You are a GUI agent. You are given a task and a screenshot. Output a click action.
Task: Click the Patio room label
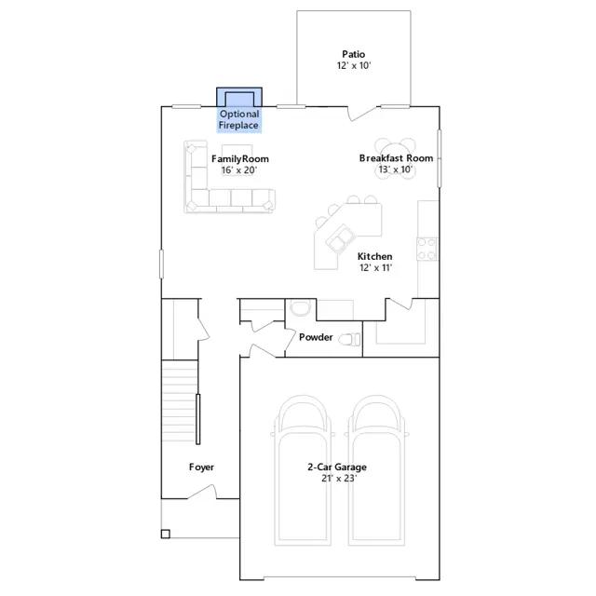click(353, 54)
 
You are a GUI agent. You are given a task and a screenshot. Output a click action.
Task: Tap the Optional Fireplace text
click(238, 119)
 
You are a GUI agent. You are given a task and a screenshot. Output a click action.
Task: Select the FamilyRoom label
click(240, 159)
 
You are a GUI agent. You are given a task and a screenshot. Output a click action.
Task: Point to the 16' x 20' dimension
click(239, 169)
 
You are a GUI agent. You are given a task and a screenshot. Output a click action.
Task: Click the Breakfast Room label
click(396, 158)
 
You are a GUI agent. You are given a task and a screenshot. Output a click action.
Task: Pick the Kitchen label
click(374, 257)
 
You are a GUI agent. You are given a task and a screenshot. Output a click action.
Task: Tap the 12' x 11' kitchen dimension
click(375, 267)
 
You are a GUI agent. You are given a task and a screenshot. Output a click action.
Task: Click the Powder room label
click(316, 337)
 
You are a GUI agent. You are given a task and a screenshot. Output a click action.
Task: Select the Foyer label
click(201, 467)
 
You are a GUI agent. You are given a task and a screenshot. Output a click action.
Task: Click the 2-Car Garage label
click(337, 467)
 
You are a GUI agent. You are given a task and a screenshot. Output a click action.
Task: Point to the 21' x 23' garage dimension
click(339, 478)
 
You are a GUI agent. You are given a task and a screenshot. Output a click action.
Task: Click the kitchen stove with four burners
click(427, 249)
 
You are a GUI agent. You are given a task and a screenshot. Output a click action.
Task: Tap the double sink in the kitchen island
click(340, 238)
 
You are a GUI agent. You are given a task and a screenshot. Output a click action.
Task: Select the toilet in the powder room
click(349, 339)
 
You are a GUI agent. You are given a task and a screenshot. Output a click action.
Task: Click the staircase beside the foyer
click(180, 400)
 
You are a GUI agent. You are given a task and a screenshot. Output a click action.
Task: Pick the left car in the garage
click(303, 471)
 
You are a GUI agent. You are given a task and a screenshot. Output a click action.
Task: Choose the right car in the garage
click(377, 471)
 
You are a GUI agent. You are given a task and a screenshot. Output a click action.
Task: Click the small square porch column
click(166, 534)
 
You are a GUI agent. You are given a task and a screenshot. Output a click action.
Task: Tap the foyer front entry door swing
click(202, 492)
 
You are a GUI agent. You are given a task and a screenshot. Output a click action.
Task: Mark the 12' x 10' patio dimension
click(354, 65)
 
